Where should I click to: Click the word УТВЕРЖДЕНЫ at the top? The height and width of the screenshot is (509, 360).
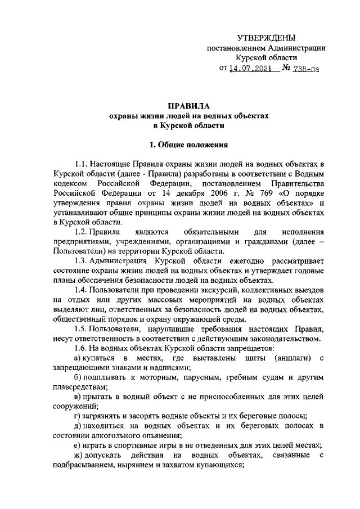click(265, 37)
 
